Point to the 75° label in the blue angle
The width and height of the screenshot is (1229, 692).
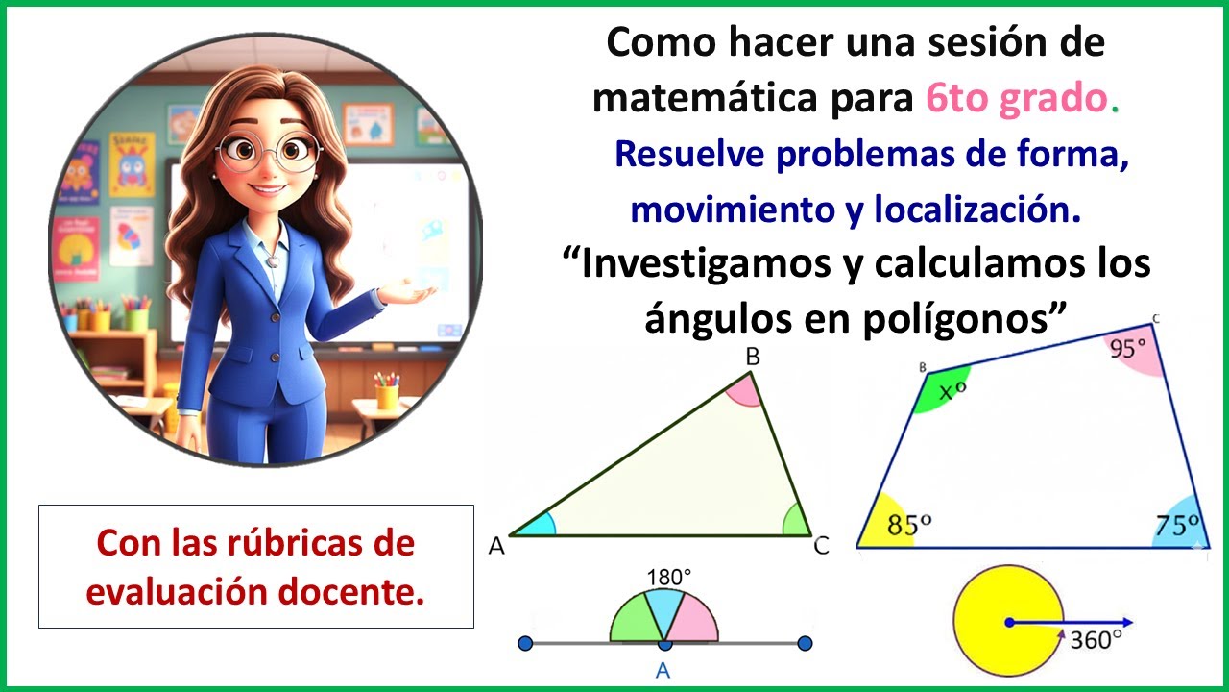(1176, 525)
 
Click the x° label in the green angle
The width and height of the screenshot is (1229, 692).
(952, 390)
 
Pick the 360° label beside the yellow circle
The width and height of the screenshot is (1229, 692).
(1096, 639)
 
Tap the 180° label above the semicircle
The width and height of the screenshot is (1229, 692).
(668, 578)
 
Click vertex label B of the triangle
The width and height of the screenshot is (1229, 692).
(754, 358)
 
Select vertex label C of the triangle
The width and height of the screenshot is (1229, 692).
(821, 547)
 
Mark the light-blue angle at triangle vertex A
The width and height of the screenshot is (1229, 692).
(540, 525)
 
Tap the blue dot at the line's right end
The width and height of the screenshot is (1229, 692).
(805, 642)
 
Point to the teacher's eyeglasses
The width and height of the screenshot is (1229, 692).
(269, 153)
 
